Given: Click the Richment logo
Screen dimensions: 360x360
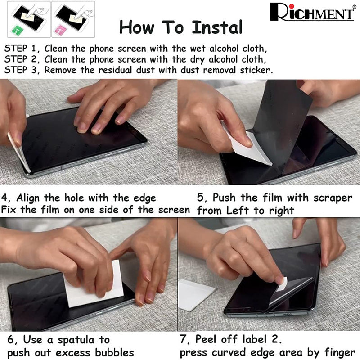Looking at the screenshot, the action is pos(312,13).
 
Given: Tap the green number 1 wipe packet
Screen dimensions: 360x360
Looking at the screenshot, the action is pos(17,30).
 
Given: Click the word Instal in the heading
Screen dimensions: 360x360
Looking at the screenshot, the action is pos(217,27).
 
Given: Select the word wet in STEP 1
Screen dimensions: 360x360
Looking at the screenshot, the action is pos(198,49).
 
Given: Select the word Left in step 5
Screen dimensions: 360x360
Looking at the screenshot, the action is pos(238,210).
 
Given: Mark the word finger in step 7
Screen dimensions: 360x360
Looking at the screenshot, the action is pos(340,353).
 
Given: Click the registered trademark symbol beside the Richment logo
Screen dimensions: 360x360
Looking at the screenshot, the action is pos(355,6).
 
